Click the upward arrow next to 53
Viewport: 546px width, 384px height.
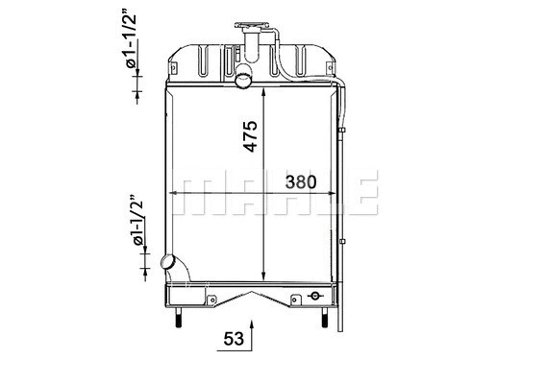pyautogui.click(x=252, y=332)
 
